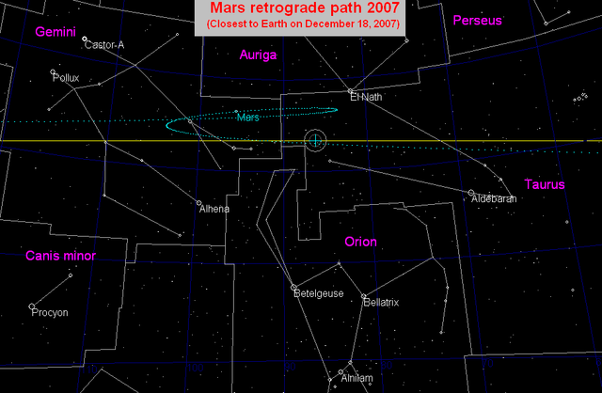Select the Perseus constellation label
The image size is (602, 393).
coord(478,20)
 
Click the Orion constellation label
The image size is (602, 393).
coord(360,242)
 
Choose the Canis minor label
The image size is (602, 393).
coord(60,256)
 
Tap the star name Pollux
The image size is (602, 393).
coord(67,78)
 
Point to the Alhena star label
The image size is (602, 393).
coord(214,209)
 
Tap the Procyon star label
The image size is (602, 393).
coord(49,312)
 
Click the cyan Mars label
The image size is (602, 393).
coord(248,118)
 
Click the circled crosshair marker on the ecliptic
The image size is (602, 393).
coord(316,141)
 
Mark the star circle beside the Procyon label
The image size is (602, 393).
coord(32,307)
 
